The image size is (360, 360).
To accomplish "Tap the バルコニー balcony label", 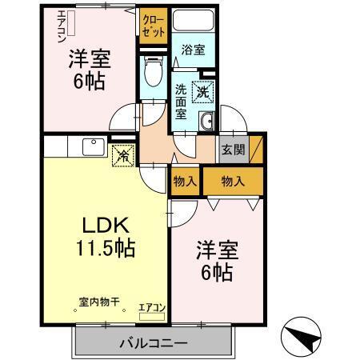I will (x=154, y=343).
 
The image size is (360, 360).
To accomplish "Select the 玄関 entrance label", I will (x=233, y=150).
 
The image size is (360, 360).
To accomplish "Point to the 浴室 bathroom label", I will (x=193, y=50).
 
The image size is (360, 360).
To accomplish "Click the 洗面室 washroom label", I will (x=182, y=101).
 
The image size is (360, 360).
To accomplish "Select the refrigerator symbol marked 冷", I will (x=122, y=154).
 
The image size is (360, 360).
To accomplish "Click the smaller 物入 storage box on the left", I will (x=185, y=182).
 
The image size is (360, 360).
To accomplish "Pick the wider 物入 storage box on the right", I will (x=231, y=182).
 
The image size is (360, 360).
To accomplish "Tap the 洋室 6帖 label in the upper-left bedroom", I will (x=87, y=70).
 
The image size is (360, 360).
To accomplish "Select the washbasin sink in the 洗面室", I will (x=206, y=121).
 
